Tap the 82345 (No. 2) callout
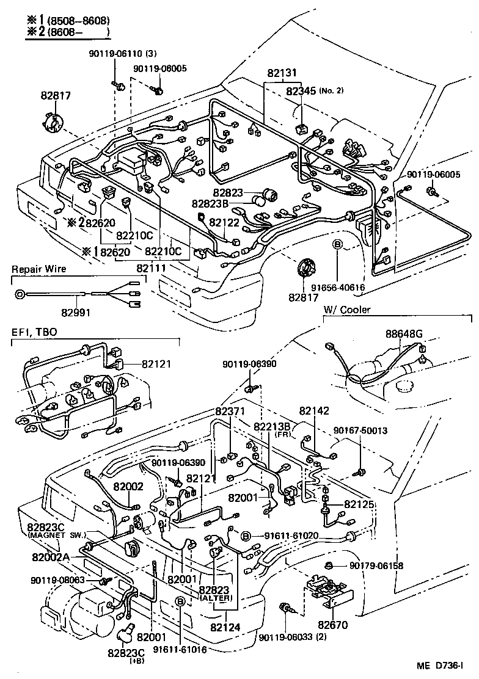tap(301, 91)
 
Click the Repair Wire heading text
tap(38, 269)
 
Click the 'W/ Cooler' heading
tap(346, 310)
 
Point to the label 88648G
tap(404, 334)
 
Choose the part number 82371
tap(232, 413)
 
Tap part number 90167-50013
tap(360, 430)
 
